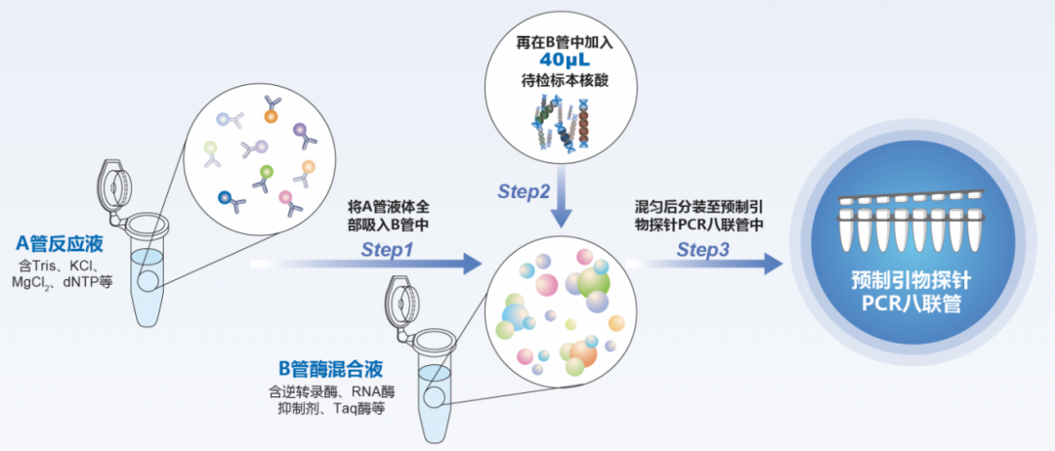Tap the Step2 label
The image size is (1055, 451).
pos(525,191)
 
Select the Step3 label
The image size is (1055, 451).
pos(703,249)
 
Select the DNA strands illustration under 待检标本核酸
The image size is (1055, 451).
pos(560,125)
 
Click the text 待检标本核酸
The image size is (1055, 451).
pos(560,80)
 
